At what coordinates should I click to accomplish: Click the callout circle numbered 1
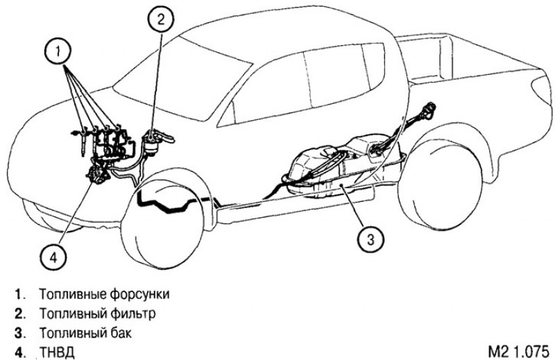coord(58,51)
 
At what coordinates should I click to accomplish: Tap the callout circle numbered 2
coord(161,19)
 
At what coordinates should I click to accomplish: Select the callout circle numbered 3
coord(370,239)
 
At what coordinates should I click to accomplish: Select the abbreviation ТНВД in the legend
coord(57,352)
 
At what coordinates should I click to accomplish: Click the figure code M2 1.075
coord(518,352)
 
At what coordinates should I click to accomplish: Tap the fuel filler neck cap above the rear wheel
coord(429,110)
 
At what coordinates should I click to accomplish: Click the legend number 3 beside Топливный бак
coord(18,333)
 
